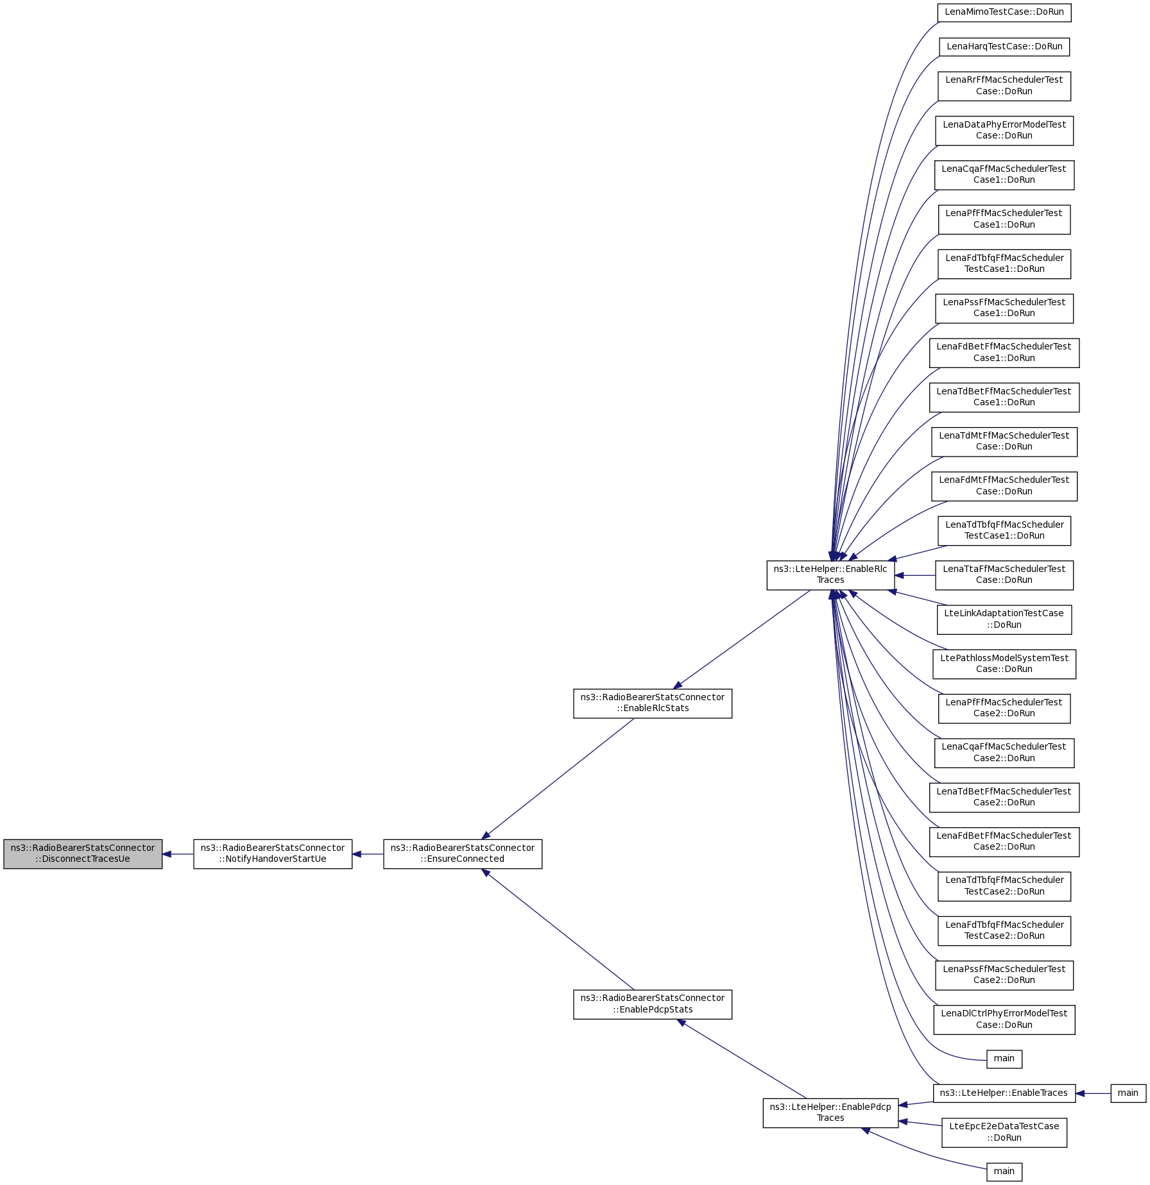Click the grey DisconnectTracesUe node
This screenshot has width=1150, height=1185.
[x=83, y=853]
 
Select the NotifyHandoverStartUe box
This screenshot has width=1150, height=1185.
[x=273, y=853]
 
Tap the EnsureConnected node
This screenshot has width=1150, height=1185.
[x=463, y=853]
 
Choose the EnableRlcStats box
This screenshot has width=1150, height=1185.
[x=653, y=703]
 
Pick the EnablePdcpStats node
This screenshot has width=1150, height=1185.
[x=653, y=1004]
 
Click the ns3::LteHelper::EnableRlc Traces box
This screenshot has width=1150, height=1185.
[x=830, y=575]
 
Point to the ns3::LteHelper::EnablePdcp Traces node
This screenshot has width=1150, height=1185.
[x=830, y=1113]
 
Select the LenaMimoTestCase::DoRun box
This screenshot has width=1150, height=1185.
[x=1004, y=12]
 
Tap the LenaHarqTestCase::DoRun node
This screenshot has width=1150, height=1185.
[x=1004, y=47]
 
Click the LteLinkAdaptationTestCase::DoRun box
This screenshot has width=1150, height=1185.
[x=1004, y=619]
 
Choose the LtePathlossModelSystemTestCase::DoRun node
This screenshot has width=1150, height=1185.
[x=1004, y=664]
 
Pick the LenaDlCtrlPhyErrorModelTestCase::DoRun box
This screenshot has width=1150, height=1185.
[x=1004, y=1019]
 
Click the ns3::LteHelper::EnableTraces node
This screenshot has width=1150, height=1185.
[x=1004, y=1093]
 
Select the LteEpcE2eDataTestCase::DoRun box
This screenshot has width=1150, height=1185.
[x=1004, y=1132]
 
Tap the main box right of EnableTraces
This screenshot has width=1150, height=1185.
[x=1128, y=1093]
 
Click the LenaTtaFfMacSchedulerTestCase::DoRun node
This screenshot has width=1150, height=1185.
[x=1004, y=575]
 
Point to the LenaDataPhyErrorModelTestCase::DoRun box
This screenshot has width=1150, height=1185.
[x=1004, y=130]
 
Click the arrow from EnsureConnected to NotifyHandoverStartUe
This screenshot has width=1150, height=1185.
[x=368, y=854]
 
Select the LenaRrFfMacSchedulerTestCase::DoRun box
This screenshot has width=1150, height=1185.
[x=1004, y=86]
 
